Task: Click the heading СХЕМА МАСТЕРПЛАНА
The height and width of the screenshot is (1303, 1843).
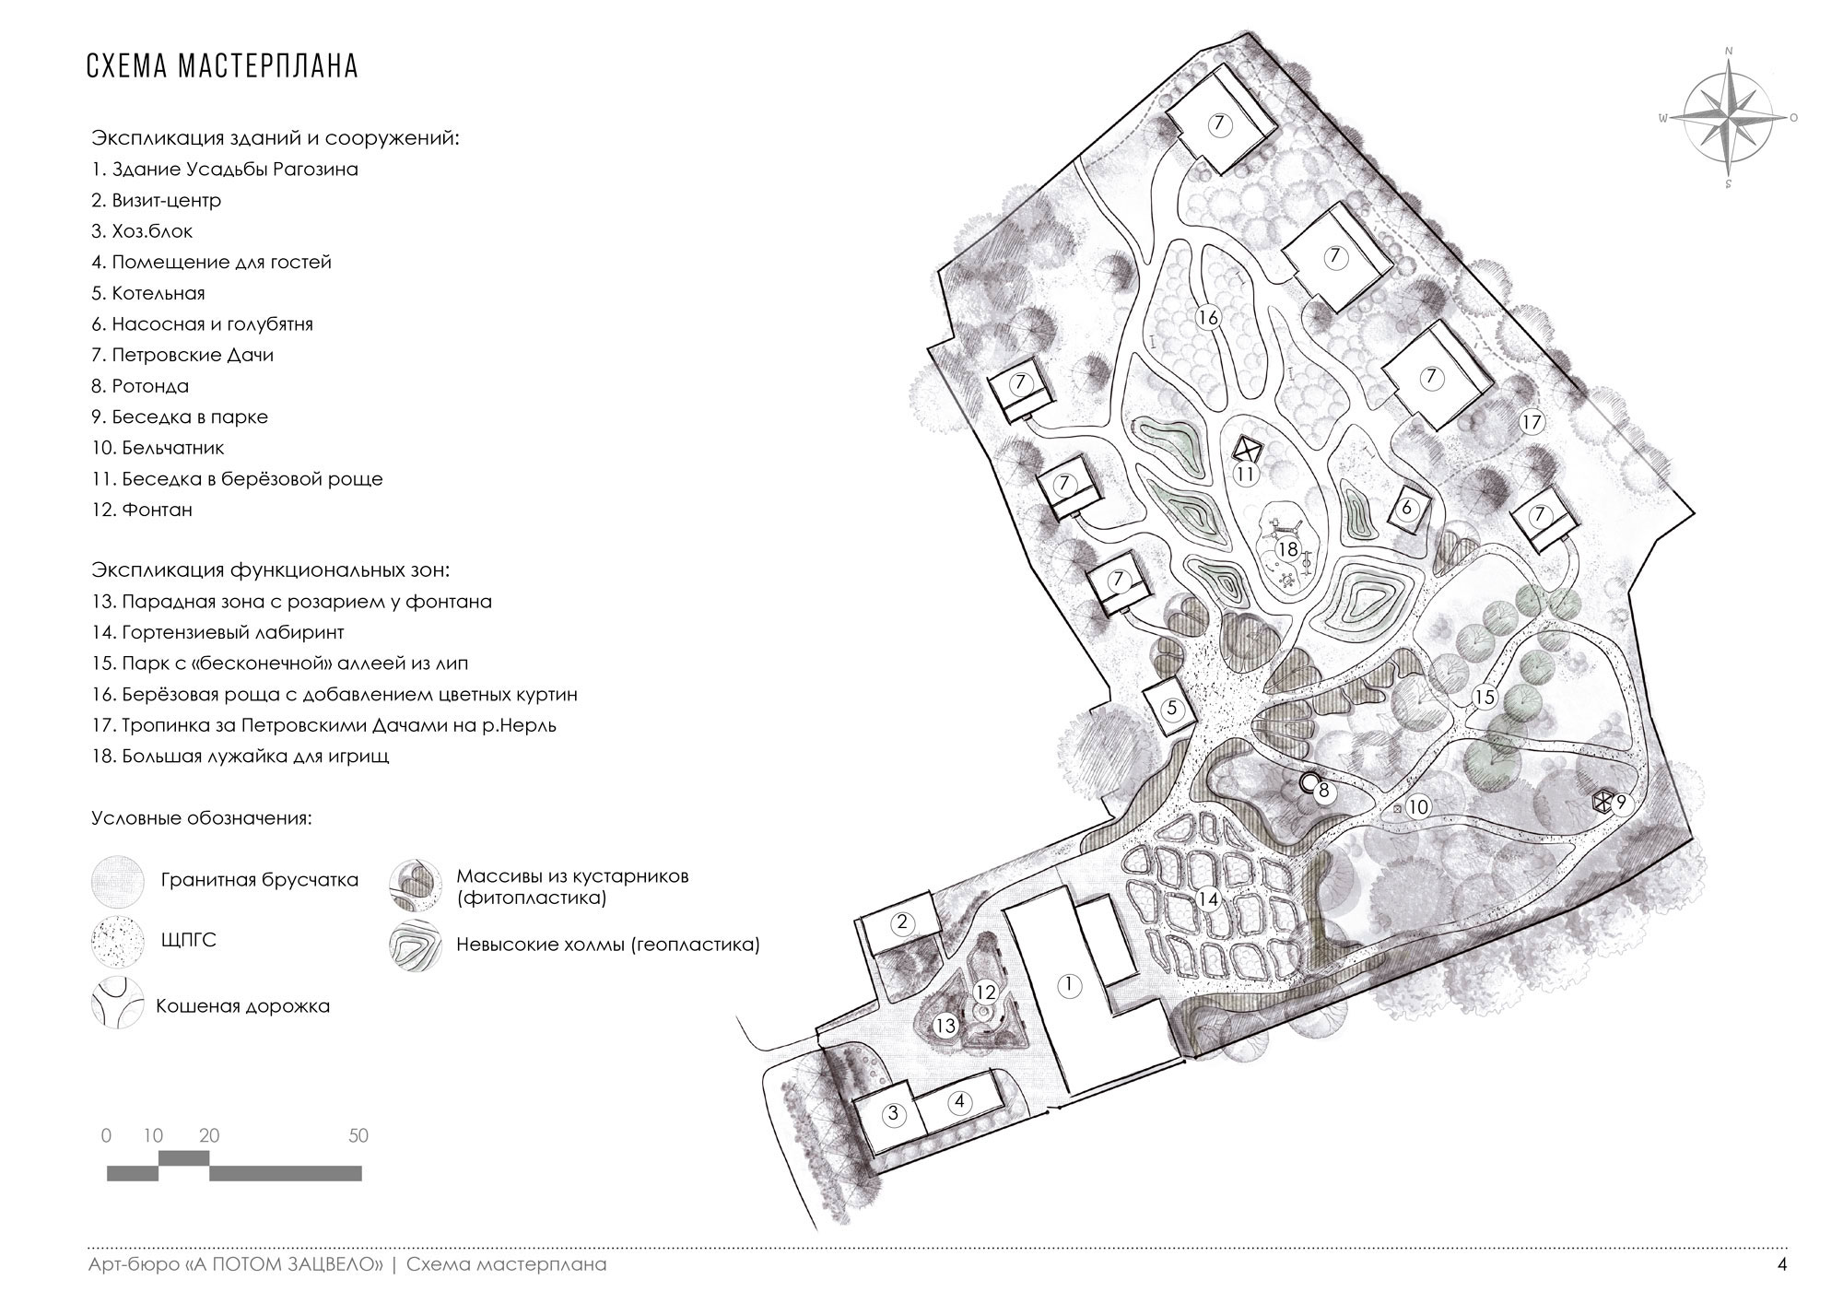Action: (x=222, y=67)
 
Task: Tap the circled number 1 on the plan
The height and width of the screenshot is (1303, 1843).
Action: (x=1069, y=985)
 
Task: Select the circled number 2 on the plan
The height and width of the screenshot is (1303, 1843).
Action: (x=903, y=921)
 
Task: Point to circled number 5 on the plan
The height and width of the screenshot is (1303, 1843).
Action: (x=1172, y=709)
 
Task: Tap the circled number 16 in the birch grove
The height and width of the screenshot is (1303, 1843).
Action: (x=1208, y=318)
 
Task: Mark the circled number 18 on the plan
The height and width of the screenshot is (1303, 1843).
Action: (x=1287, y=550)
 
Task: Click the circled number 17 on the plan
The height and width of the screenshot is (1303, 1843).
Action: (x=1532, y=423)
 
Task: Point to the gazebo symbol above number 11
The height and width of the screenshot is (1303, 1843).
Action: (x=1246, y=451)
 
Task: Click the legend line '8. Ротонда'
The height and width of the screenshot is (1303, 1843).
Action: (x=150, y=386)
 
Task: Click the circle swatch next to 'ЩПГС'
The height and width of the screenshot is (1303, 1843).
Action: (x=118, y=942)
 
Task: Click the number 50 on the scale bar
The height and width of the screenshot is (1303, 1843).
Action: (x=358, y=1136)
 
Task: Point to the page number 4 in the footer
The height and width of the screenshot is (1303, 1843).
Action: (x=1782, y=1265)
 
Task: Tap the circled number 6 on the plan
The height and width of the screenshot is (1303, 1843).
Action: (x=1406, y=508)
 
